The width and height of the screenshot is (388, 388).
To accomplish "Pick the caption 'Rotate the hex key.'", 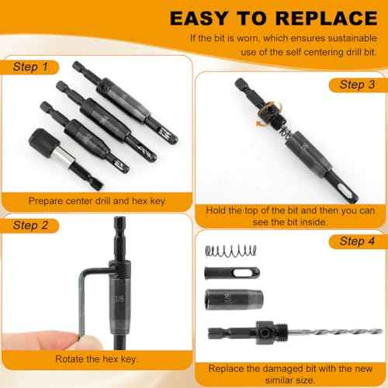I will [95, 359].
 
